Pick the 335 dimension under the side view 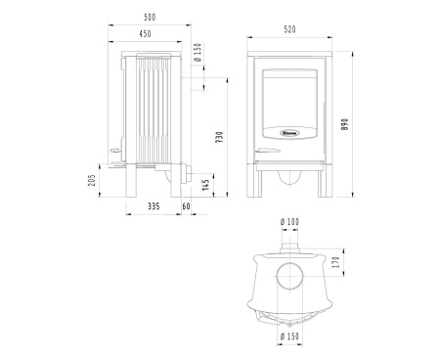pos(154,207)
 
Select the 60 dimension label pos(187,207)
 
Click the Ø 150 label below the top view pos(288,337)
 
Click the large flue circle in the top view pos(289,274)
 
